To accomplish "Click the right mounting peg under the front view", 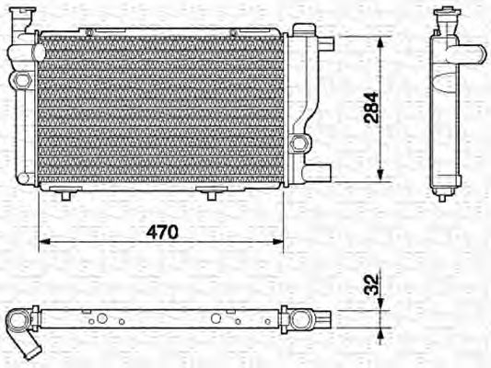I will click(211, 193).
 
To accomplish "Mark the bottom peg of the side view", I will click(441, 194).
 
